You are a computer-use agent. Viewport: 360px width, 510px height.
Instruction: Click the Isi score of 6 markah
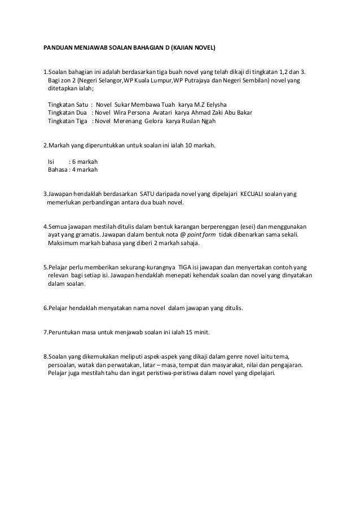(x=83, y=161)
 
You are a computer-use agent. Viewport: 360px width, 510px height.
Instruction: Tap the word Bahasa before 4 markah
(x=58, y=169)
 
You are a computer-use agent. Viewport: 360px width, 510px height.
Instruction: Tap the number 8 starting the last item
(x=45, y=357)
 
